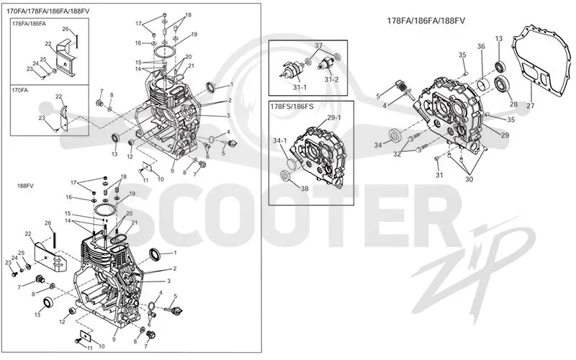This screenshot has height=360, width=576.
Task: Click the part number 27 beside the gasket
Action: [530, 106]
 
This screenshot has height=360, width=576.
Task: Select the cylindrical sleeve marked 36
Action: [483, 85]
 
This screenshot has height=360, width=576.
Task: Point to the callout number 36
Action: [481, 46]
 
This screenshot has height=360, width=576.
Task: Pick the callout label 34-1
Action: [280, 140]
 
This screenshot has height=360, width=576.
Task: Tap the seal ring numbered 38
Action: [285, 176]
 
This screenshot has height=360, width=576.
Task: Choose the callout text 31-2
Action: [331, 79]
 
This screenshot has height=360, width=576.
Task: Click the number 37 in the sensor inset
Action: [318, 45]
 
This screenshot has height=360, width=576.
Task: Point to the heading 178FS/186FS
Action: [292, 107]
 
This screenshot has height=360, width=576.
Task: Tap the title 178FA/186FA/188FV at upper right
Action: [426, 21]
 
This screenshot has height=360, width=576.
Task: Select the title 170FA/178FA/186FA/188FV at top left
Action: [48, 12]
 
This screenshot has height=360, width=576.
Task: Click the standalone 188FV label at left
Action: [25, 186]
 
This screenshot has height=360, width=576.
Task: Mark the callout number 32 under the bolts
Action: [397, 154]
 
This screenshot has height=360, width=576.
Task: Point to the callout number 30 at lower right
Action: [469, 179]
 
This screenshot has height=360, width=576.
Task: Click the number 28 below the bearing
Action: [513, 104]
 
